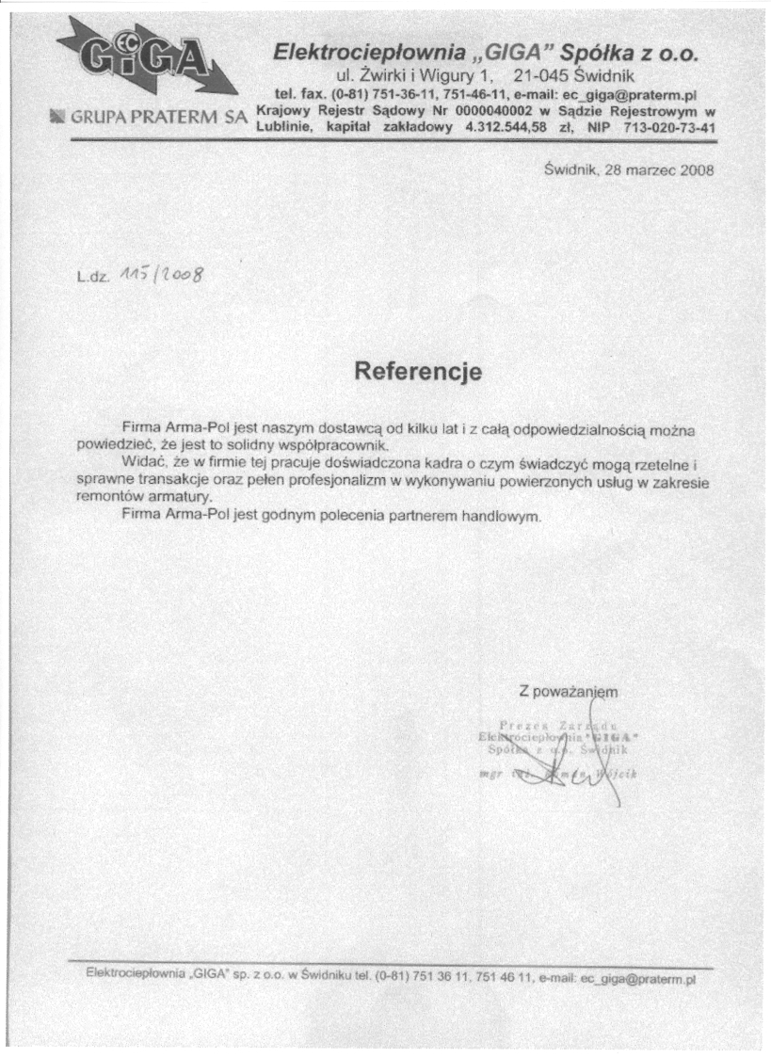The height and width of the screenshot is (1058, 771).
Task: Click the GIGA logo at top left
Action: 141,62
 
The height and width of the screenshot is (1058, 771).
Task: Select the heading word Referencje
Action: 418,371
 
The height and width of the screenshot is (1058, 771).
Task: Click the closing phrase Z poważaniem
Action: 568,692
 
